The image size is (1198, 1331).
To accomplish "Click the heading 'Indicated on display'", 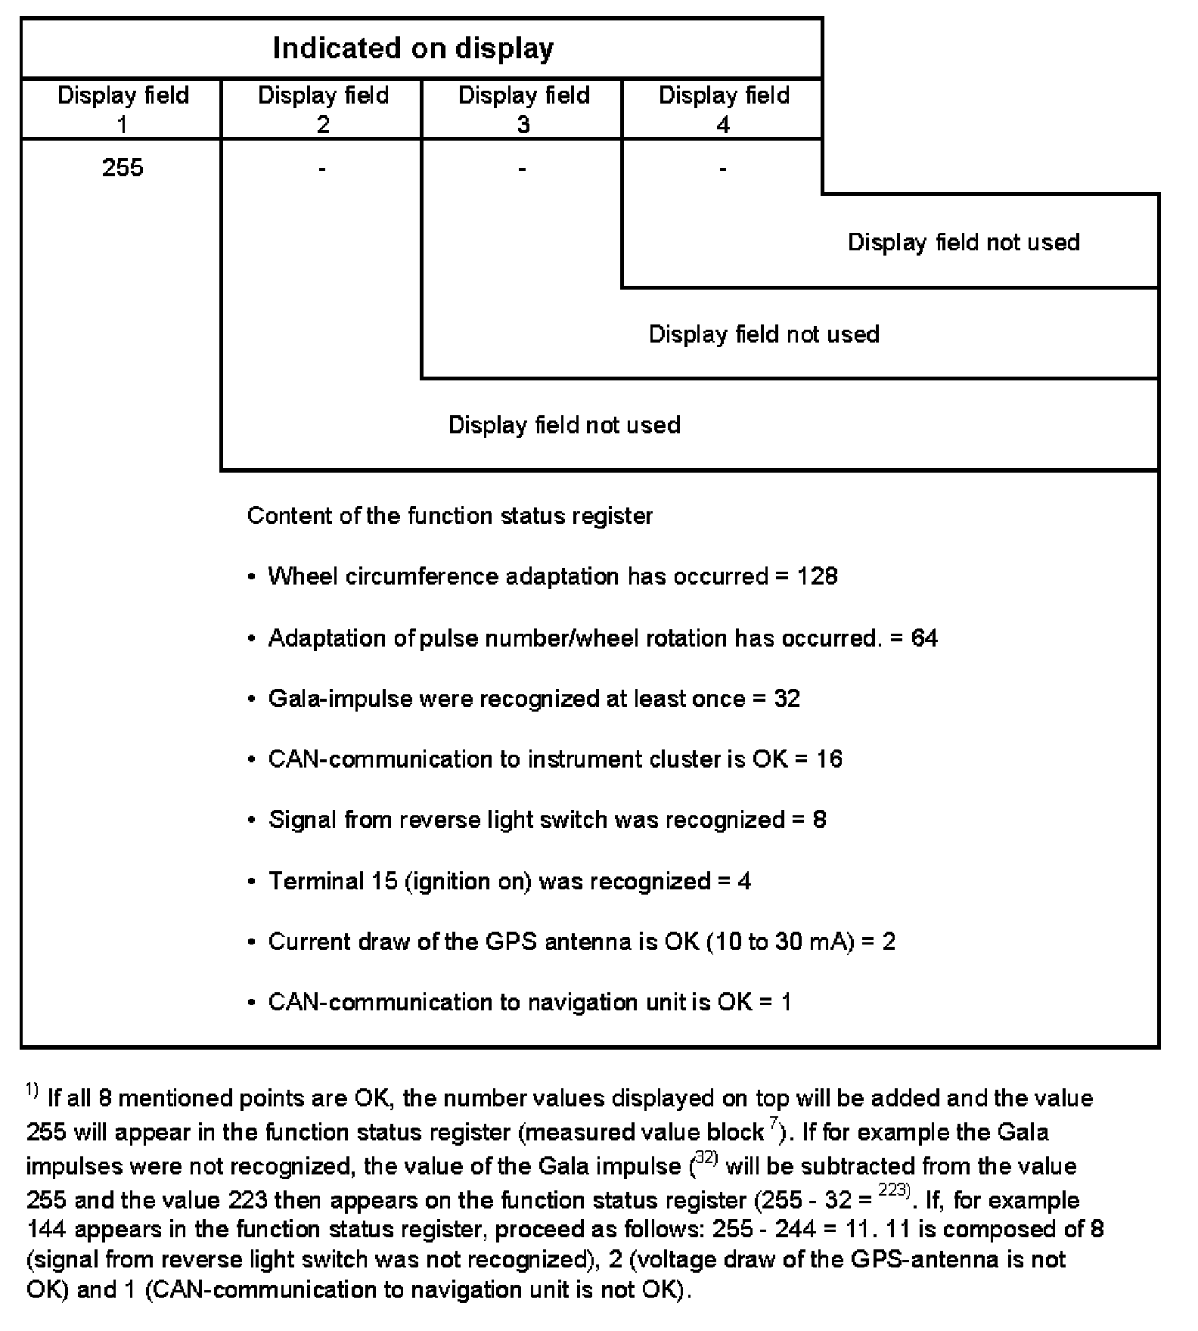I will pos(413,48).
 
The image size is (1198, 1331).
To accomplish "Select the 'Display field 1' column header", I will pos(123,108).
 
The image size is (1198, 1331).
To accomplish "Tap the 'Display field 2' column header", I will pos(323,108).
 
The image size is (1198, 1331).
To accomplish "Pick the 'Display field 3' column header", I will pos(523,108).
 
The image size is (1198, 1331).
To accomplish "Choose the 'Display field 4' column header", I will pos(724,108).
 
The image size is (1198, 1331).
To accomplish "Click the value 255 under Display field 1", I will pos(123,167).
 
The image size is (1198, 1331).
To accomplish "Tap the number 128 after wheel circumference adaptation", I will pos(817,577).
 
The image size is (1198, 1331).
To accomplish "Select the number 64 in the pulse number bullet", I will pos(924,638).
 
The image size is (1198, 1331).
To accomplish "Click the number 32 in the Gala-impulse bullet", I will pos(787,699).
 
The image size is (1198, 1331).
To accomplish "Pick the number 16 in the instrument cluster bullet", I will pos(829,759).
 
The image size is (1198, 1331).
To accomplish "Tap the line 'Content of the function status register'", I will pos(450,517).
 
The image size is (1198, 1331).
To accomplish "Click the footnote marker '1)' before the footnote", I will pos(32,1091).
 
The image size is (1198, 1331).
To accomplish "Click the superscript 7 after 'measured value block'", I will pos(774,1125).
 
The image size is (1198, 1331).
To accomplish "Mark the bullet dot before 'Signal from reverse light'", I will pos(251,821).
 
